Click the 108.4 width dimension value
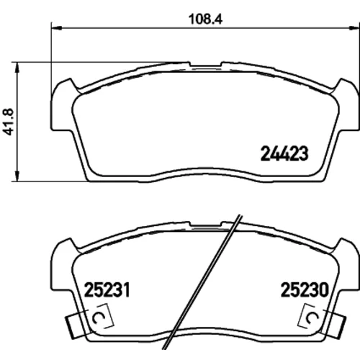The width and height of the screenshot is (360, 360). pos(205,19)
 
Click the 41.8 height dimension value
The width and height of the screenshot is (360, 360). pos(9,122)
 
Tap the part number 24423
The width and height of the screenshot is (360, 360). pos(284,153)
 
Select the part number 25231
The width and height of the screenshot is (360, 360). pos(107,289)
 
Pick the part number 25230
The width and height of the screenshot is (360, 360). pos(305,289)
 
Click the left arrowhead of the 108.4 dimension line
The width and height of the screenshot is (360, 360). pos(57,28)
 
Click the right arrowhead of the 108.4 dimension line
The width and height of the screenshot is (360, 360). pos(355,28)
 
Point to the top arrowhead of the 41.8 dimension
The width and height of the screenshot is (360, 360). pos(17,68)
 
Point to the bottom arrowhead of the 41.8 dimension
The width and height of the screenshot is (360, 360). pos(17,176)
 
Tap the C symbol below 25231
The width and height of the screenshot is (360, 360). pos(97,318)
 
